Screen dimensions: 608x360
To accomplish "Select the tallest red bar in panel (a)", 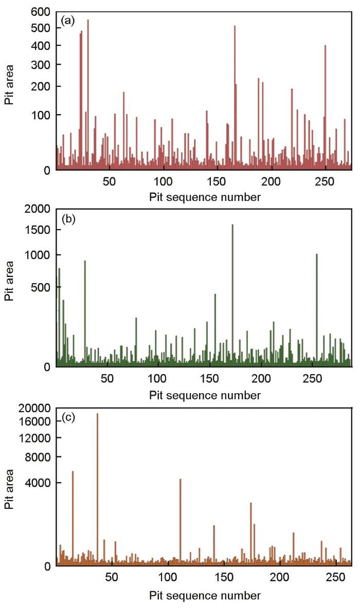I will [88, 95].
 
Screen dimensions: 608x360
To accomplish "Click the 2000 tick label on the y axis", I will [39, 209].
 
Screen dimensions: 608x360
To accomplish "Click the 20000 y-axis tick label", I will [37, 408].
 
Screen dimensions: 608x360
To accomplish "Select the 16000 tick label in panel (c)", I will [37, 421].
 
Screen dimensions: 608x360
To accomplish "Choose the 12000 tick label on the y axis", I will [37, 438].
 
